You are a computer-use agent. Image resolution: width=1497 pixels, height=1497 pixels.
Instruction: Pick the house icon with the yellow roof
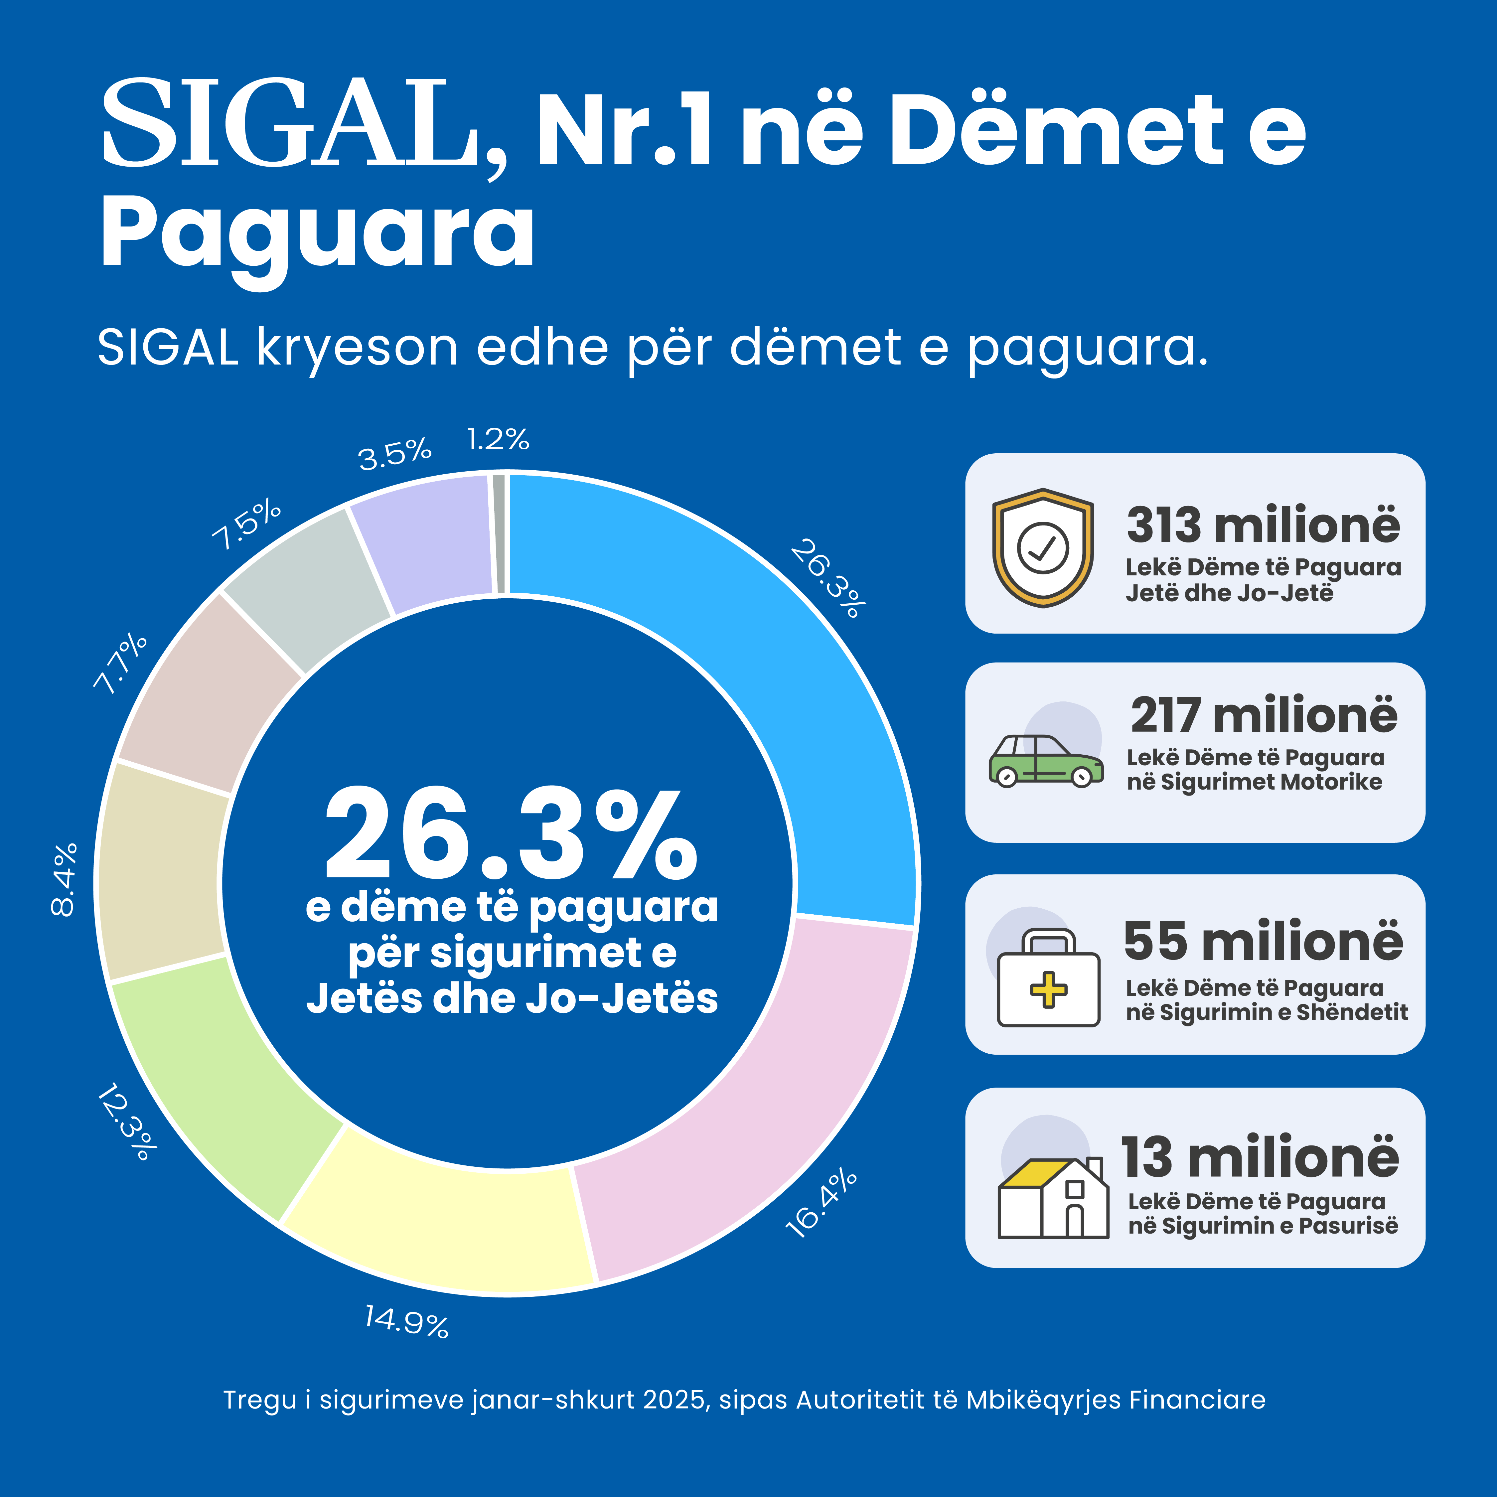(x=1052, y=1197)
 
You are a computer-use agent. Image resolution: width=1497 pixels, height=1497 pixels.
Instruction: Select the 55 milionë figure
(x=1263, y=942)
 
